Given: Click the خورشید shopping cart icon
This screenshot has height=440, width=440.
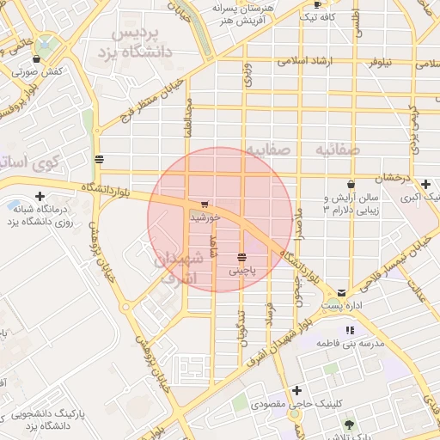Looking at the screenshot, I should pos(204,205).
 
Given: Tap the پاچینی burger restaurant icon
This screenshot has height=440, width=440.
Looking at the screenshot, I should pos(243,257).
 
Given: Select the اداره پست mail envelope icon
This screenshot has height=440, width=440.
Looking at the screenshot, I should pos(343,292).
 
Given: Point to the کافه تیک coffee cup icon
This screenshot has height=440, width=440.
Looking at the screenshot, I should pos(317,4).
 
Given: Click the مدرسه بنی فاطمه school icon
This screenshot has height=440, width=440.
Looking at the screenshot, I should pos(349,330).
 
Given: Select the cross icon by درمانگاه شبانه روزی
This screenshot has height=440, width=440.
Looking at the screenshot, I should pos(40,196).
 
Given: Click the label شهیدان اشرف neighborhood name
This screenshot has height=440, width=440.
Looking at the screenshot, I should pos(179,267).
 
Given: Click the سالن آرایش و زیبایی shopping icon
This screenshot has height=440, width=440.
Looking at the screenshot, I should pos(351,184).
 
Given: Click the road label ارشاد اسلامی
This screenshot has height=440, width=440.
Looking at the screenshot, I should pos(310,62).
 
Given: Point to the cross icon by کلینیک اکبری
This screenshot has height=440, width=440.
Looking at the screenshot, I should pos(426,184).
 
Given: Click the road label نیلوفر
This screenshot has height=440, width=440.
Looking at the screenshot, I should pos(382,62).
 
